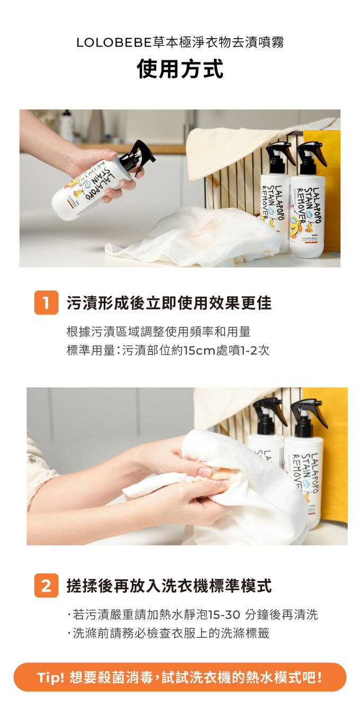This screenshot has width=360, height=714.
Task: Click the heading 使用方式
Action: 180,68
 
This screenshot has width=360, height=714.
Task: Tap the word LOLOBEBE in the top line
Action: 114,43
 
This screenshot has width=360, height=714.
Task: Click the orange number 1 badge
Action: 46,303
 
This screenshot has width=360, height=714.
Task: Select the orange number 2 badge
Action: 46,585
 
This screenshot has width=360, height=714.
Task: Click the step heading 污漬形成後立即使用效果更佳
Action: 169,303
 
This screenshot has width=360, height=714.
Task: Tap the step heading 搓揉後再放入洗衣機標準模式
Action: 169,585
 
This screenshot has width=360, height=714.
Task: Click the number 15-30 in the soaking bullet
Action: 223,614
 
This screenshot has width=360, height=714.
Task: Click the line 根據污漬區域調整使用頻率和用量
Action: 158,332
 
